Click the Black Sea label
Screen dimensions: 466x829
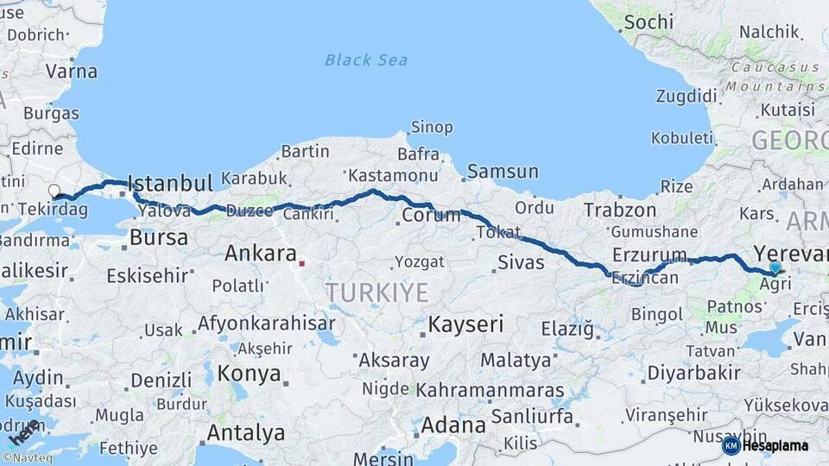point(366,60)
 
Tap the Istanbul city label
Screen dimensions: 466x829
point(169,183)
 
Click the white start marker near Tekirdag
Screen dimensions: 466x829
point(54,191)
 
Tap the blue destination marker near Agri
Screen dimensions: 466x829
point(775,268)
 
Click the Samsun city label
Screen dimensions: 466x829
point(503,172)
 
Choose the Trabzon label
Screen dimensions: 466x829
point(620,210)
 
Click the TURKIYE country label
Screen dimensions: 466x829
point(377,293)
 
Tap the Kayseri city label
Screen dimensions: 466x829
point(466,324)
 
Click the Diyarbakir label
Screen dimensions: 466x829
point(693,373)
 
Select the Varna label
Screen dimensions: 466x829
point(71,71)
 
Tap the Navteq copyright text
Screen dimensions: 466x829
point(28,458)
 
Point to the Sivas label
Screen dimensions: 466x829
point(521,261)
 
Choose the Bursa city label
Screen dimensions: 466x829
point(158,237)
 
